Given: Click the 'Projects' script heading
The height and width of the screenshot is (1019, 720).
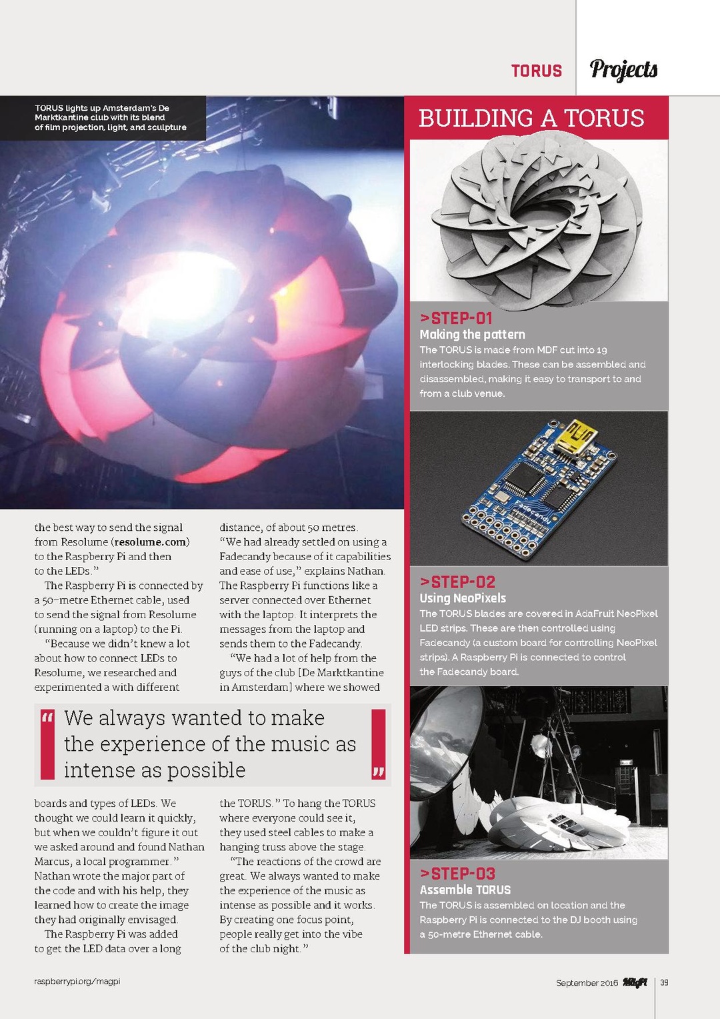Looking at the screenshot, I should point(623,69).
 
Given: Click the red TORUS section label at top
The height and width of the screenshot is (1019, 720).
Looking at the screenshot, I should point(537,71).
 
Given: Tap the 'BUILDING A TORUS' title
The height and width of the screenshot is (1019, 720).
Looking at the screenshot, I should point(531,118).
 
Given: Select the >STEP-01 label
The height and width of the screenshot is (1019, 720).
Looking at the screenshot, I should point(456,318).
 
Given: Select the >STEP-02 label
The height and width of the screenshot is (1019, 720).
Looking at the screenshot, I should point(457,582).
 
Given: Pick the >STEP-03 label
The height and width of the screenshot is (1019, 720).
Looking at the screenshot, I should point(457,873).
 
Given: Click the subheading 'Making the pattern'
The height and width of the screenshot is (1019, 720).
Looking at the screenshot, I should point(472,334).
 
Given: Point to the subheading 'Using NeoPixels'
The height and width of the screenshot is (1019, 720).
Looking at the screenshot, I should point(463,598).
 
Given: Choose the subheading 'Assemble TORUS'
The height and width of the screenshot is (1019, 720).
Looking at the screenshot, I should point(465,890).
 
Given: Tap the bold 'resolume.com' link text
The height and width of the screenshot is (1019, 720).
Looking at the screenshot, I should point(151,542).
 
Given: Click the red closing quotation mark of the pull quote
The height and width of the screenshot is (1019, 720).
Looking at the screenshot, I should point(379,772).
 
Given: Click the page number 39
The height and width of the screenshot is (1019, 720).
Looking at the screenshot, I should point(664,982).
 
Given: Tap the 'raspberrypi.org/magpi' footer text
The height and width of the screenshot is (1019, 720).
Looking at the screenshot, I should point(77,982).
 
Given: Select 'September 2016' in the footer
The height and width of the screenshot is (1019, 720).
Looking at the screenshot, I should point(587,983).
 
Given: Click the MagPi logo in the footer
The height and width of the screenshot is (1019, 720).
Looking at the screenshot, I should point(635,982).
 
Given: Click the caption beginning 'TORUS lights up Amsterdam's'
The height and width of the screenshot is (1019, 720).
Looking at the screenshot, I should point(111,117).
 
